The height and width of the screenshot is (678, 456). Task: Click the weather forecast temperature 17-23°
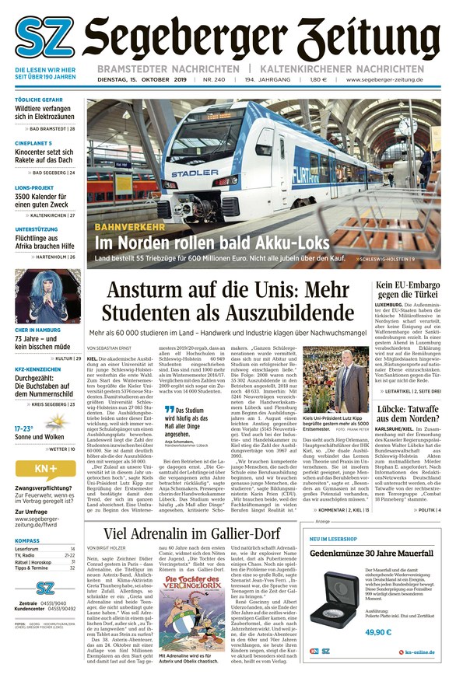(x=24, y=428)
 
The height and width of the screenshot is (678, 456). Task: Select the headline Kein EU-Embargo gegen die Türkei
(x=409, y=292)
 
